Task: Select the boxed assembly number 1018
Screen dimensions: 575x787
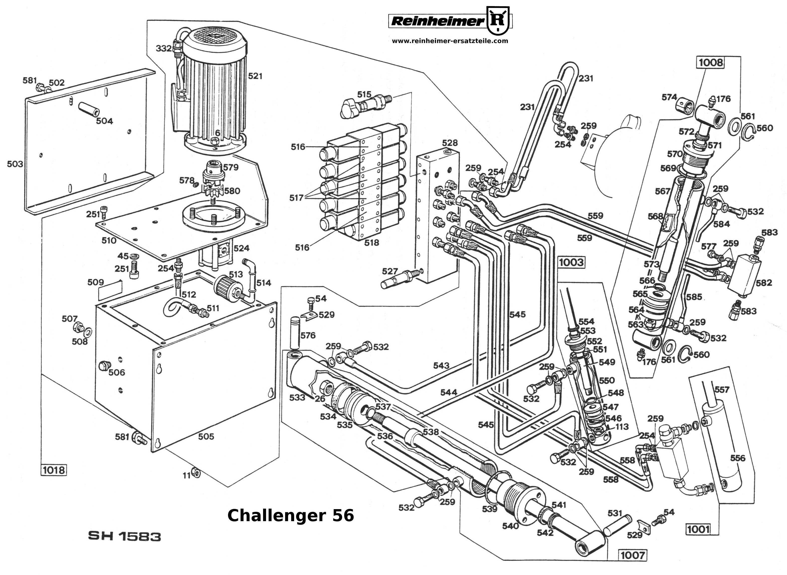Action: [x=54, y=470]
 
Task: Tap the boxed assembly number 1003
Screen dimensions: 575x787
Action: [x=571, y=262]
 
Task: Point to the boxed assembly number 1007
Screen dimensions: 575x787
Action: [x=633, y=555]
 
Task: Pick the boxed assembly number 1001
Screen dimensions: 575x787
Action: [x=698, y=529]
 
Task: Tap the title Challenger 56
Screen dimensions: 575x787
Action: [x=291, y=515]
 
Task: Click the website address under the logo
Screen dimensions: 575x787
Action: [x=450, y=41]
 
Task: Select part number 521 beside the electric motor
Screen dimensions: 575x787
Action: [x=255, y=76]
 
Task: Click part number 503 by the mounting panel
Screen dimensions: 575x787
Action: [x=15, y=164]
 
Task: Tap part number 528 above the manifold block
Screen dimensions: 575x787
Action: [x=450, y=143]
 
